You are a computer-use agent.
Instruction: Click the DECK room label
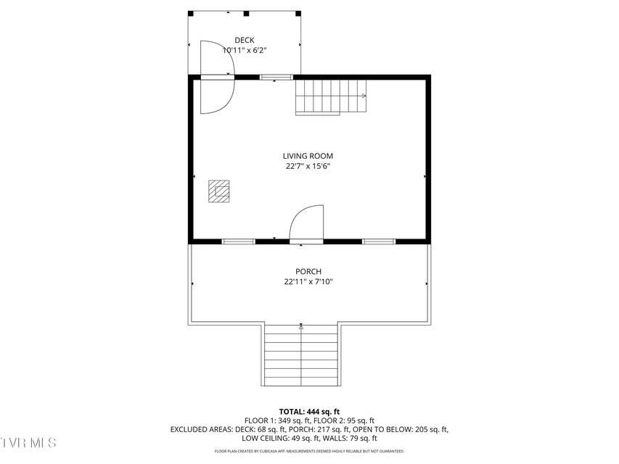[245, 40]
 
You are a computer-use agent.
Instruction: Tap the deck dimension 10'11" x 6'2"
[245, 50]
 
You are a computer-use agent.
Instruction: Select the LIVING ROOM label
[308, 156]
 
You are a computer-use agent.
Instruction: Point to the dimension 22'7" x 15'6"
[308, 166]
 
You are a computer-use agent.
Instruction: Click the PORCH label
[308, 271]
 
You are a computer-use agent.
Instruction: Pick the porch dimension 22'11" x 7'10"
[308, 282]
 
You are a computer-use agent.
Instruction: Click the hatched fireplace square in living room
[218, 191]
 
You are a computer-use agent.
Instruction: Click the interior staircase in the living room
[331, 97]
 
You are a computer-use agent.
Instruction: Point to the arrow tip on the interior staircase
[366, 96]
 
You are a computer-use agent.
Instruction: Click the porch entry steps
[301, 355]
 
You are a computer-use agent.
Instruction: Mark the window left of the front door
[238, 241]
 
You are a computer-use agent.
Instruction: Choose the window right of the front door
[379, 241]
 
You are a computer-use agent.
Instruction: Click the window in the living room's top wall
[276, 77]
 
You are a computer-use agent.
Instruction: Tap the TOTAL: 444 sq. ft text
[309, 412]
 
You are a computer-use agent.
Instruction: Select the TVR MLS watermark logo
[28, 442]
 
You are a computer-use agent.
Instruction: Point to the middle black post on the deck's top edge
[246, 14]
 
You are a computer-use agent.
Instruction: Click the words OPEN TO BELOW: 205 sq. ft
[400, 429]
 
